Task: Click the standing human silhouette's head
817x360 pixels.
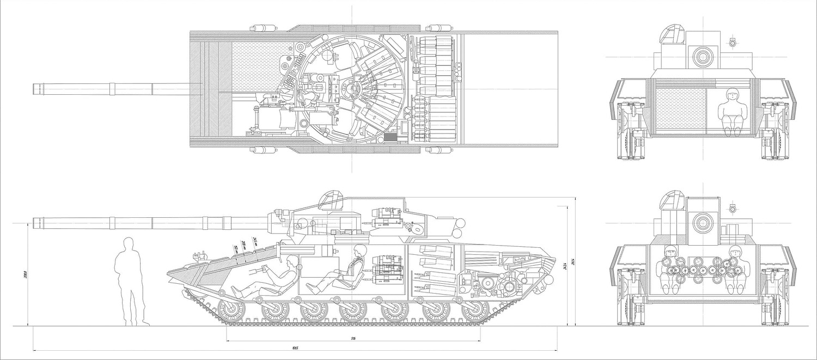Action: point(129,243)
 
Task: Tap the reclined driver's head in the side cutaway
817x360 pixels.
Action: point(292,262)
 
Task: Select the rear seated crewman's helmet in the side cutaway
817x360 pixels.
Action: point(358,251)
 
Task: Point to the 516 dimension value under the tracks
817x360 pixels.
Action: point(353,339)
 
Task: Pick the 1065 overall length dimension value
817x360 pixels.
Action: point(295,348)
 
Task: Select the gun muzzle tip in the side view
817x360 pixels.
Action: point(35,222)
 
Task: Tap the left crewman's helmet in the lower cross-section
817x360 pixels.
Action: point(669,252)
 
